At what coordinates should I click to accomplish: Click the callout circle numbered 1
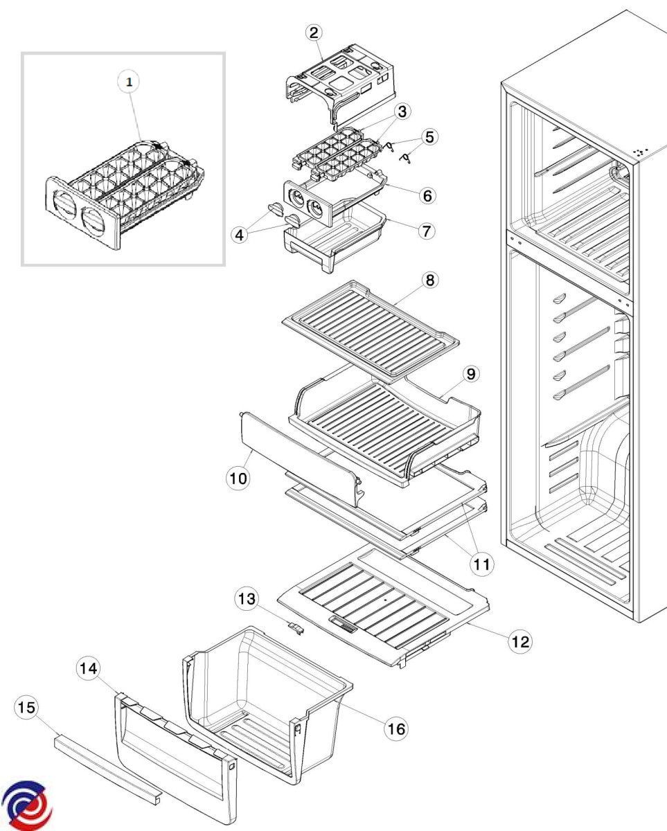(x=128, y=82)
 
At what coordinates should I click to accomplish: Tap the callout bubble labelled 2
(x=314, y=33)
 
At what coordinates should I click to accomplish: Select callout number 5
(x=430, y=136)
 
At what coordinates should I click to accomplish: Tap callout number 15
(x=27, y=707)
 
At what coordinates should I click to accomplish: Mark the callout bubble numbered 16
(x=398, y=728)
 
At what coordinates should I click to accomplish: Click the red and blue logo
(x=27, y=805)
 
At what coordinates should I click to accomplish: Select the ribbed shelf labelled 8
(x=371, y=325)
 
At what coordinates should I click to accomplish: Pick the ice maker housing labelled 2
(x=339, y=80)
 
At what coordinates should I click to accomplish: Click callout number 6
(x=427, y=196)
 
